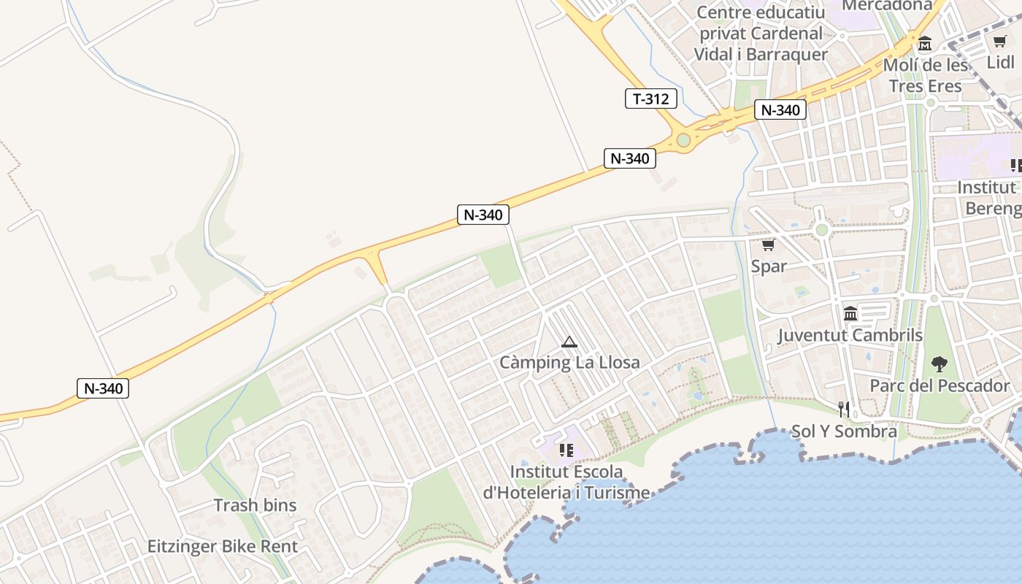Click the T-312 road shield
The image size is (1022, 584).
[x=650, y=99]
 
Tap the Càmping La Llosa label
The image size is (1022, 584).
[x=569, y=362]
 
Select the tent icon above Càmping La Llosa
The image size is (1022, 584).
[x=569, y=342]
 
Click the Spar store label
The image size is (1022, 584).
[x=769, y=266]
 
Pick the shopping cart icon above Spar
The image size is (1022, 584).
[x=768, y=245]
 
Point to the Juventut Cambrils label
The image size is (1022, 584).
[x=850, y=336]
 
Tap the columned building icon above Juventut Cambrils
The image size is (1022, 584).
[x=850, y=314]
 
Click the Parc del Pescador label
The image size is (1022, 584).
[x=940, y=385]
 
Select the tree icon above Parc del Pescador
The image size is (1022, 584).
[x=940, y=364]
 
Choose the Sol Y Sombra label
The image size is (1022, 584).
[x=845, y=431]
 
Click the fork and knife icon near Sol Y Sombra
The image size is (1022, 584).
[x=844, y=409]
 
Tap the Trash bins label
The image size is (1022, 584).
[x=255, y=505]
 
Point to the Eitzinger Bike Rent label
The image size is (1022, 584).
[x=223, y=546]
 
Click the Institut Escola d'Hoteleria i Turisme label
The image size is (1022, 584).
[x=566, y=482]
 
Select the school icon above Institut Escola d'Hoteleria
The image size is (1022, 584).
[x=566, y=450]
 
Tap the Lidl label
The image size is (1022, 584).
[x=1000, y=62]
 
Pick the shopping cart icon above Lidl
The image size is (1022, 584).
[x=999, y=42]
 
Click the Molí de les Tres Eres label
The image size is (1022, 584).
[x=926, y=75]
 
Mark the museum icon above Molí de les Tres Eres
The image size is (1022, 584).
[x=925, y=44]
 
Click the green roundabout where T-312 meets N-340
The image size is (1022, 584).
[x=683, y=139]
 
